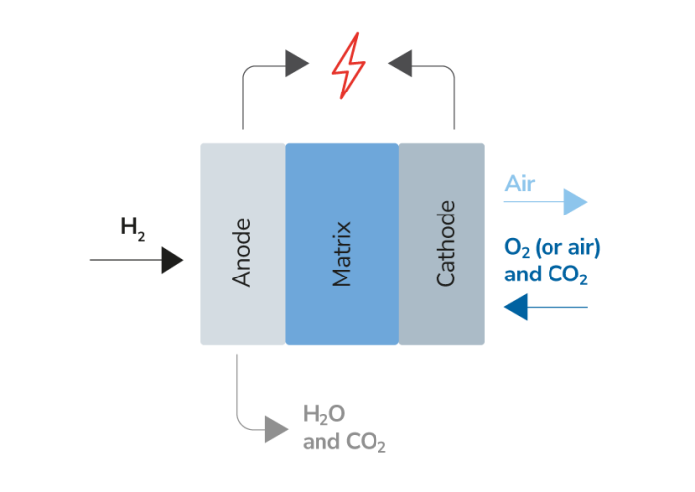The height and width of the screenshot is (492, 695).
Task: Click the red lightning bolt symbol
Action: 348,67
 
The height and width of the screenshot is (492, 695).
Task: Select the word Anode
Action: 242,253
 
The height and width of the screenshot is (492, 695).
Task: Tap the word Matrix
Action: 342,254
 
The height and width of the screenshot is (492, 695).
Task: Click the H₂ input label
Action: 133,228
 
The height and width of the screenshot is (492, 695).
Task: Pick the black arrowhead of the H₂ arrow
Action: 172,260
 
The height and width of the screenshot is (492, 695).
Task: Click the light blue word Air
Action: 519,184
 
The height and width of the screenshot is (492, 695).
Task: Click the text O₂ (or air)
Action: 551,246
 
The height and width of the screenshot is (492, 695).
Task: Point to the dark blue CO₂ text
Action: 568,275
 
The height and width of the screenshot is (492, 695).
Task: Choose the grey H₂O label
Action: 323,413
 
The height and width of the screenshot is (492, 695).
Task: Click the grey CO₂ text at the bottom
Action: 366,443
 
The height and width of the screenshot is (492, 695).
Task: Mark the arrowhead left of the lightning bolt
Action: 297,65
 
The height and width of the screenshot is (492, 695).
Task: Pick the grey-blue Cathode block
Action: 441,315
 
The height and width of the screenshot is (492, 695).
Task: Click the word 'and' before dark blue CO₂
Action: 522,275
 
